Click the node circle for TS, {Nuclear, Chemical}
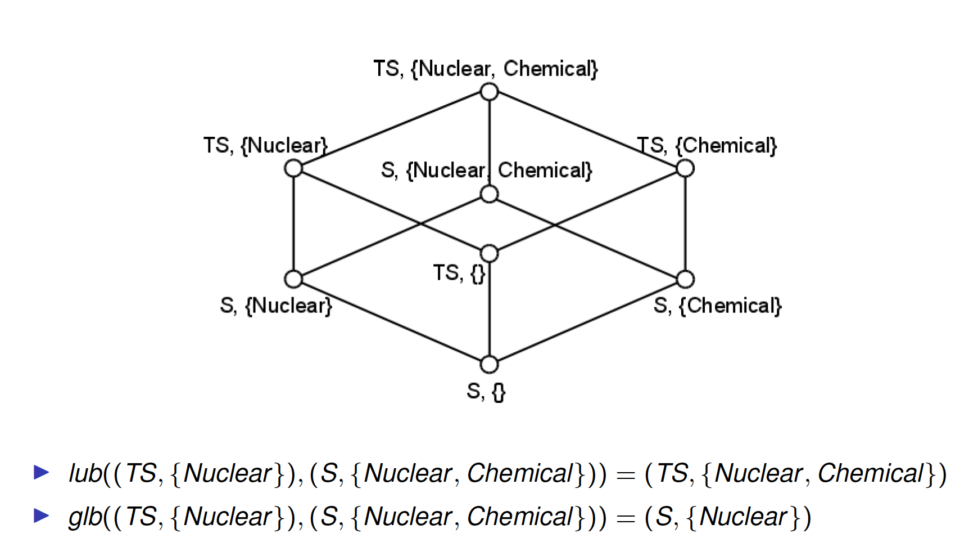tap(490, 92)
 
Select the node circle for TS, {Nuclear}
tap(293, 168)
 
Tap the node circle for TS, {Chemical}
tap(685, 168)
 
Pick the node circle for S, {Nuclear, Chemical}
tap(490, 194)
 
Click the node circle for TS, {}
tap(490, 253)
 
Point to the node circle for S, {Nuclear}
tap(293, 279)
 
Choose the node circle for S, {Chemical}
tap(685, 279)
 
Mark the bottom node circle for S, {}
tap(490, 365)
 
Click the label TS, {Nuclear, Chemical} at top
tap(486, 69)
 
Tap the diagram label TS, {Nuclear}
tap(265, 145)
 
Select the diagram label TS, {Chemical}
tap(707, 145)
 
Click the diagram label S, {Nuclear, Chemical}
tap(486, 170)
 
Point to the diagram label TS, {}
tap(459, 273)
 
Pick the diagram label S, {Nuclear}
tap(276, 306)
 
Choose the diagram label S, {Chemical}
tap(718, 306)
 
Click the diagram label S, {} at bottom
tap(486, 391)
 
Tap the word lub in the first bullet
tap(85, 473)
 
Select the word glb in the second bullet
tap(85, 517)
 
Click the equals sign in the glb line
tap(626, 518)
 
